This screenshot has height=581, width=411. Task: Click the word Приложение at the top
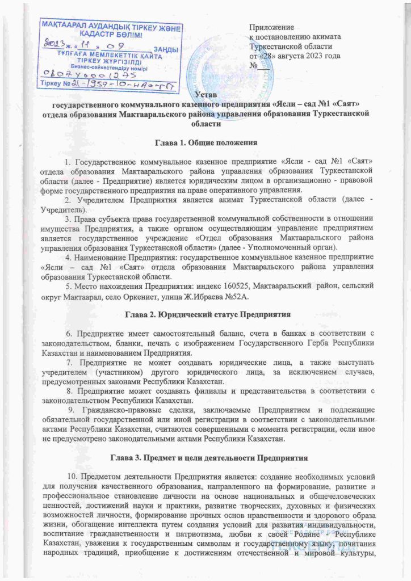click(x=272, y=27)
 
